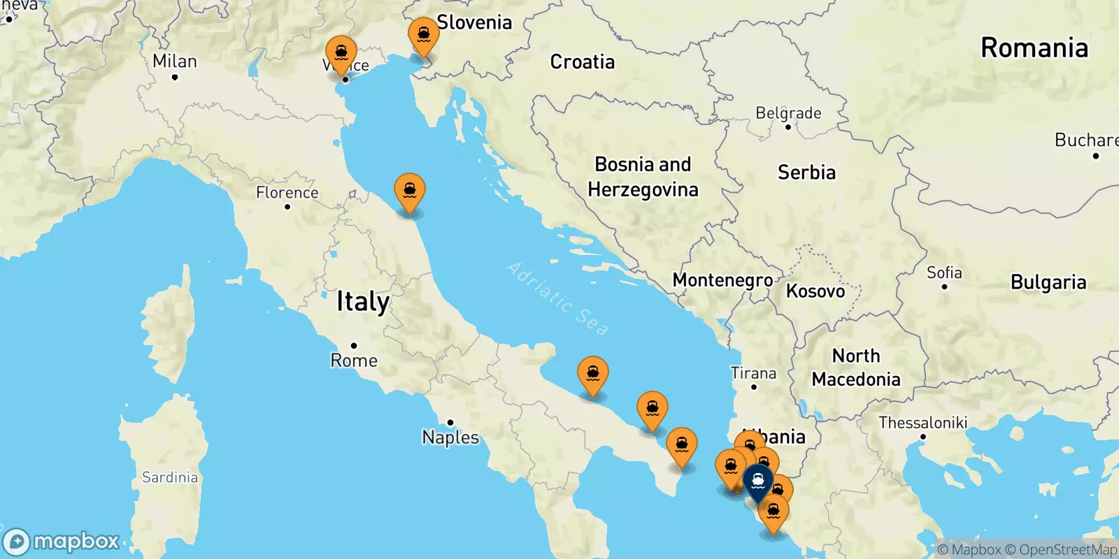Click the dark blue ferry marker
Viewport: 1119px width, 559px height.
757,481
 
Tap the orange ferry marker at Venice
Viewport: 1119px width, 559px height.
341,54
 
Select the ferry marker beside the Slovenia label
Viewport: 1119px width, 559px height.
424,35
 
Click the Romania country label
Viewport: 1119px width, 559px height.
1034,48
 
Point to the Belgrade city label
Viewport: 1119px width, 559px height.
788,113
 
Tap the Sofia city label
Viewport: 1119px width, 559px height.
944,273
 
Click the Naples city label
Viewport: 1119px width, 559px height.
450,437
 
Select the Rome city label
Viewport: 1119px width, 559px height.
354,361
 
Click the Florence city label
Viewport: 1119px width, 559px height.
287,192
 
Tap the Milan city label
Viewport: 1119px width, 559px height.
175,61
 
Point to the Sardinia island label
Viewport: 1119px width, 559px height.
170,477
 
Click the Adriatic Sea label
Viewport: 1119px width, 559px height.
557,298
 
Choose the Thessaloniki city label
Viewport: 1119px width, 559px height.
922,423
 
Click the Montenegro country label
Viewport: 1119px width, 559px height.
722,280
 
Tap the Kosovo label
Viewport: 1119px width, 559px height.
815,291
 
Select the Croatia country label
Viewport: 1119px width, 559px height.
583,62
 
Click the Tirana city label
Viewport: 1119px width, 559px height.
753,373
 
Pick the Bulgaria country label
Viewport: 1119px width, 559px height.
1048,282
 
